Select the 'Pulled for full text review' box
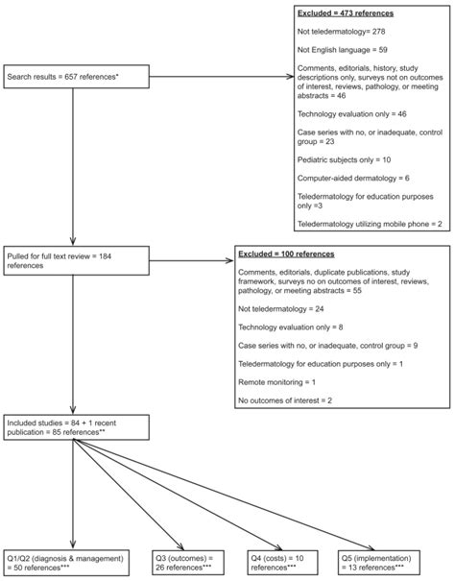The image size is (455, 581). click(73, 259)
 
